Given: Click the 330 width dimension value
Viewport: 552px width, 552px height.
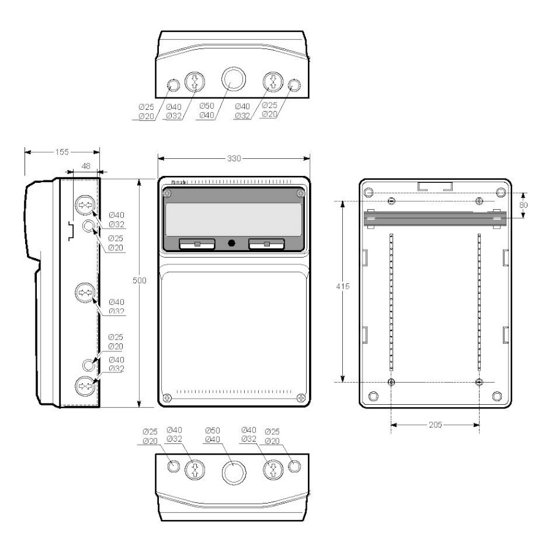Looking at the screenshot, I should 234,158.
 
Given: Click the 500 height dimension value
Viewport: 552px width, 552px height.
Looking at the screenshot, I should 140,280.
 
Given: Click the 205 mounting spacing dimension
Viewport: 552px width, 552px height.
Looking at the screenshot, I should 435,424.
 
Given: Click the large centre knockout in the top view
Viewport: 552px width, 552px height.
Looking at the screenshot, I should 233,78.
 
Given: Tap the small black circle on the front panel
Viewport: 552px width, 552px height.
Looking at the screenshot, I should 231,243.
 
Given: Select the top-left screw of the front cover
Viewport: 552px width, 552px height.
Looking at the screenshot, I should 168,194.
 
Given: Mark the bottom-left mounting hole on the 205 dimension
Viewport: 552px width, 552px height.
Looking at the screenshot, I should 392,382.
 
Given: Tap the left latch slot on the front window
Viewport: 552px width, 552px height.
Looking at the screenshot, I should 196,245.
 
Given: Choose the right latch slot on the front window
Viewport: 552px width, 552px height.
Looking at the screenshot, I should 266,245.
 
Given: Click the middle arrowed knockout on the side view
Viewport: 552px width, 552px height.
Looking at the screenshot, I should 83,293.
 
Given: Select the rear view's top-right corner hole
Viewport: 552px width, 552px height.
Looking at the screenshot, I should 500,193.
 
